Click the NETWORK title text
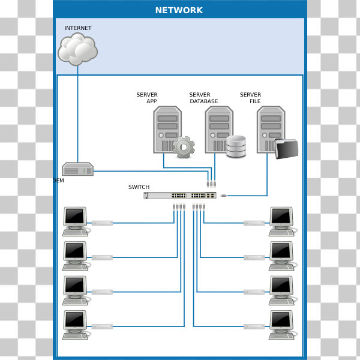point(179,10)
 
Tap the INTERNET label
point(78,28)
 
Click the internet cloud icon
point(77,49)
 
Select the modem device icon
point(78,169)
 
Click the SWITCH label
point(139,187)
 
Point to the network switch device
point(180,195)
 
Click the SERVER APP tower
point(167,130)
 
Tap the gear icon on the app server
point(184,147)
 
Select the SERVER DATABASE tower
point(219,130)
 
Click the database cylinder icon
point(236,147)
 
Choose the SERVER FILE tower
point(271,130)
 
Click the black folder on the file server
point(286,149)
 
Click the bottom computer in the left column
point(76,325)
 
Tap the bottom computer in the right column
point(281,325)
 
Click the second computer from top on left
point(76,256)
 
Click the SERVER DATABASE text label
point(203,98)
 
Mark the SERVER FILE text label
point(251,98)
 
